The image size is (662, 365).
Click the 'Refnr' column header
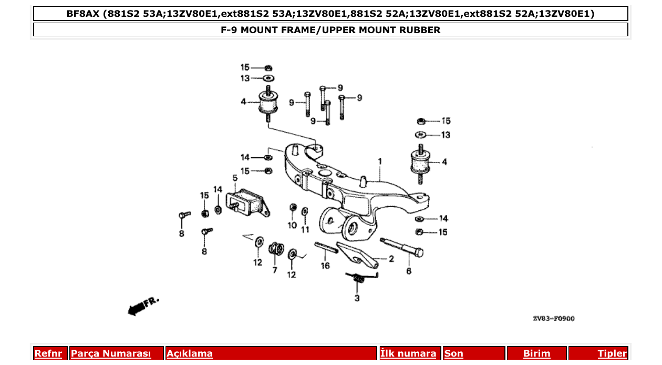click(48, 354)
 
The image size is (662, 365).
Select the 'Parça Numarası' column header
click(111, 354)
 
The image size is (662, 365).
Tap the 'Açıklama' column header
click(190, 354)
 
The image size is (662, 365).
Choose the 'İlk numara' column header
click(408, 354)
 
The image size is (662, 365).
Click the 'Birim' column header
click(536, 354)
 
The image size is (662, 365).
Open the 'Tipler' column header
click(612, 354)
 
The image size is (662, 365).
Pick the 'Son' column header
click(454, 354)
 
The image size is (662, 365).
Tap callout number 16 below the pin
click(325, 266)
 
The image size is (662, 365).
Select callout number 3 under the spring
click(357, 299)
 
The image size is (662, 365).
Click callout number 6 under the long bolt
click(409, 271)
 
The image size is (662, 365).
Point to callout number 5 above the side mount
click(235, 178)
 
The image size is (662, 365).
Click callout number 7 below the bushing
click(274, 270)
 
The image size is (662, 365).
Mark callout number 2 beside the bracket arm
click(391, 259)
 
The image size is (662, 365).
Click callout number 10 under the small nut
click(292, 226)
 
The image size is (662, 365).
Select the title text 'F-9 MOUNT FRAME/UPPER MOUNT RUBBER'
click(330, 30)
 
